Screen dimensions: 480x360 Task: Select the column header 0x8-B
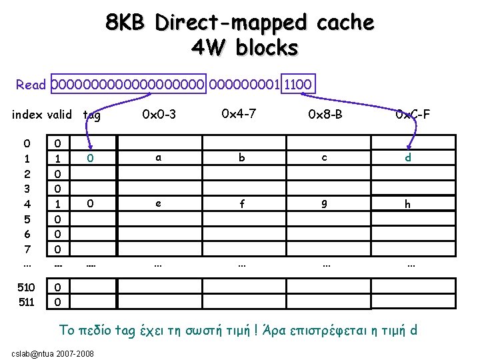point(325,115)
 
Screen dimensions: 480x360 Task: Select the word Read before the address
point(31,85)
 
